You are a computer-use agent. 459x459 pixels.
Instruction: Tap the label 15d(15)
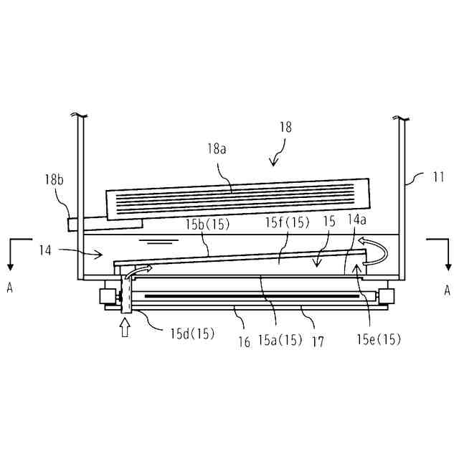[192, 333]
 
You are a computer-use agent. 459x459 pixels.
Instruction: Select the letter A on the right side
[446, 290]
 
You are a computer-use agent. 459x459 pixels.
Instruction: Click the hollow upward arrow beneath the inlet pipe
[125, 327]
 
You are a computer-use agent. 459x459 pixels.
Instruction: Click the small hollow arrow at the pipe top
[141, 270]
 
